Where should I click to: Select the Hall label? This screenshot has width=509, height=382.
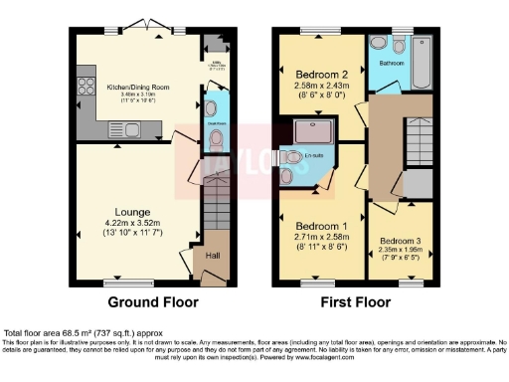tap(212, 256)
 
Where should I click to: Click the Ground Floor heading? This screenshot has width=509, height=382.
tap(152, 301)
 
